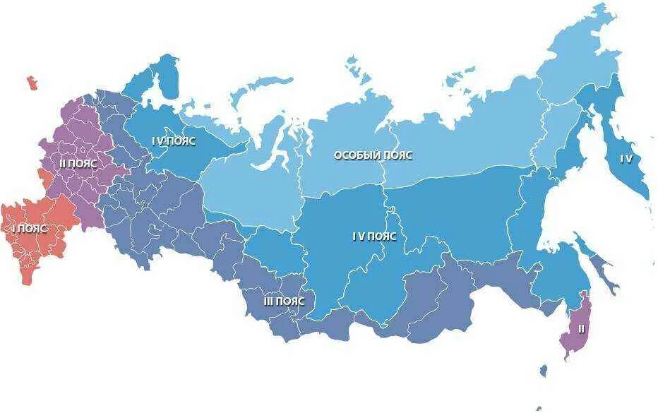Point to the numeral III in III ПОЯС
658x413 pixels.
click(x=268, y=301)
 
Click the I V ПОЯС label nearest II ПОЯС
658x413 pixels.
click(x=174, y=140)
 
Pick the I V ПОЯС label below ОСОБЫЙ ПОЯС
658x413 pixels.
click(x=374, y=237)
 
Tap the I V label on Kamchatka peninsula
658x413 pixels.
click(x=626, y=158)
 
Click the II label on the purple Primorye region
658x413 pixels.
click(x=581, y=329)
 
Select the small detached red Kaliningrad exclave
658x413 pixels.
click(x=32, y=83)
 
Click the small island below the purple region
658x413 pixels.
click(x=542, y=371)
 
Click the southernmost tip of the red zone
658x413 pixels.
click(x=28, y=281)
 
